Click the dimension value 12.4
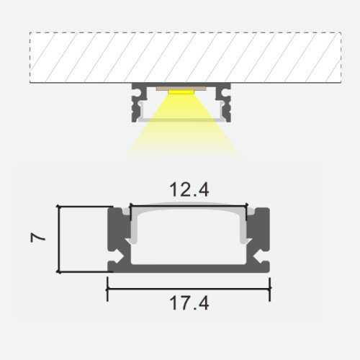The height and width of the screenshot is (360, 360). click(x=189, y=191)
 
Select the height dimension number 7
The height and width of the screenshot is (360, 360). click(x=40, y=236)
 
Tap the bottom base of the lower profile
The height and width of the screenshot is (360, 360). click(x=189, y=268)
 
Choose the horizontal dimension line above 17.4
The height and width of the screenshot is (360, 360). click(x=189, y=289)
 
